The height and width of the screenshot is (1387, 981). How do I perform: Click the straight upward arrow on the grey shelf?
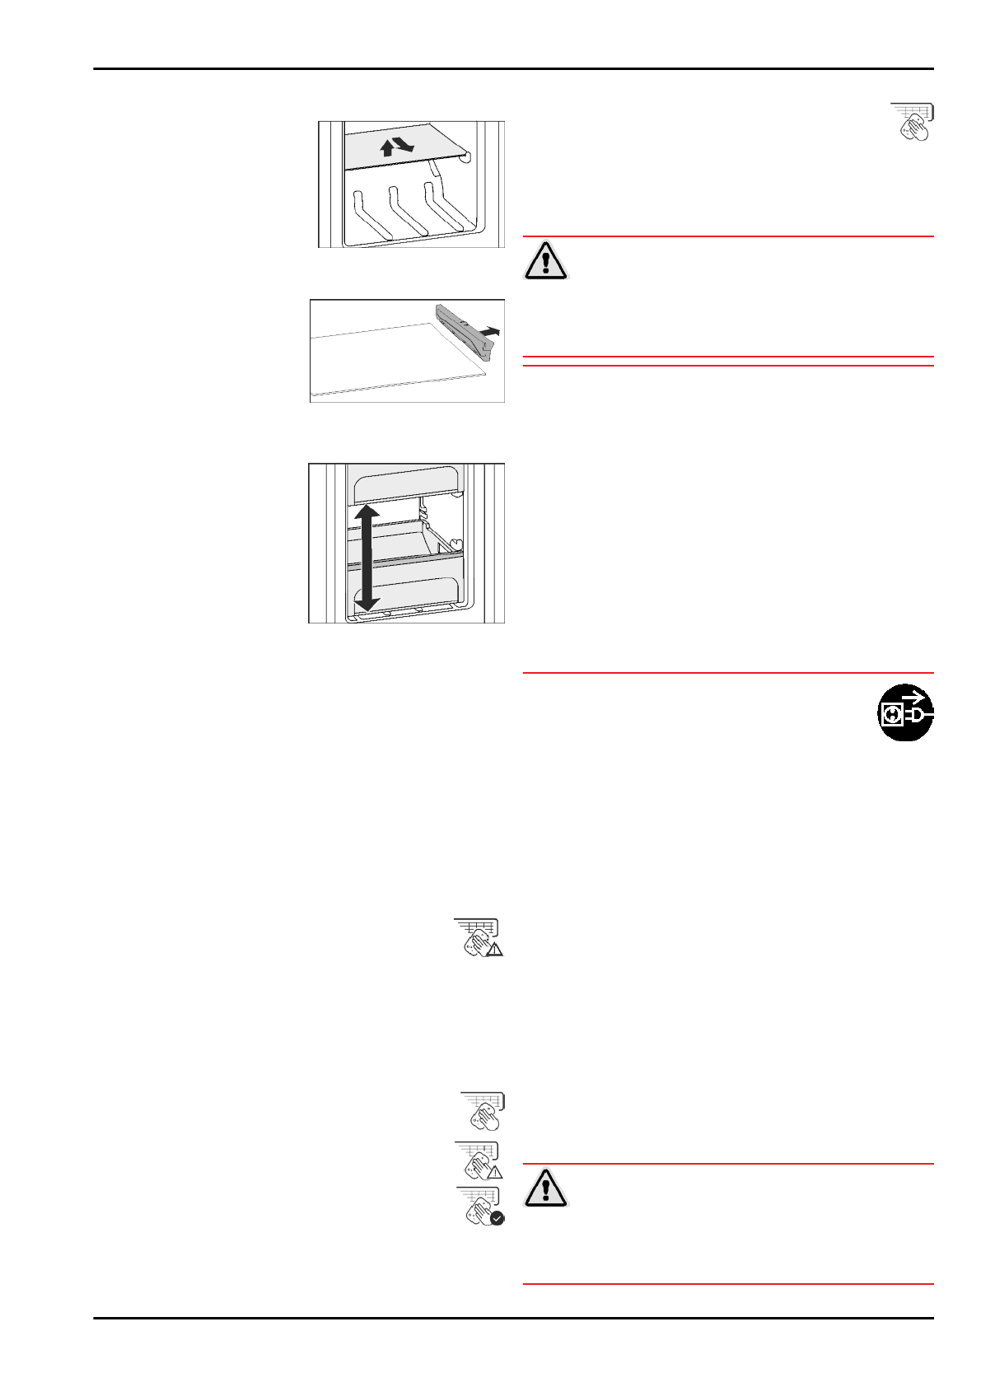tap(386, 148)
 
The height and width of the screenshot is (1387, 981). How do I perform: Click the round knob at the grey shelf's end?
tap(465, 156)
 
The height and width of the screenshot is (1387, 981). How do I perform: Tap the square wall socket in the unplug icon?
tap(891, 716)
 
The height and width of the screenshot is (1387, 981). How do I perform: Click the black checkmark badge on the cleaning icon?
tap(497, 1217)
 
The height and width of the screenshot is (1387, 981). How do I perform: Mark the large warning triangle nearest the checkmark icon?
tap(545, 1187)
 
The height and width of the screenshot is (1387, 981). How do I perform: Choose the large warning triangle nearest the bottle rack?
tap(545, 260)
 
